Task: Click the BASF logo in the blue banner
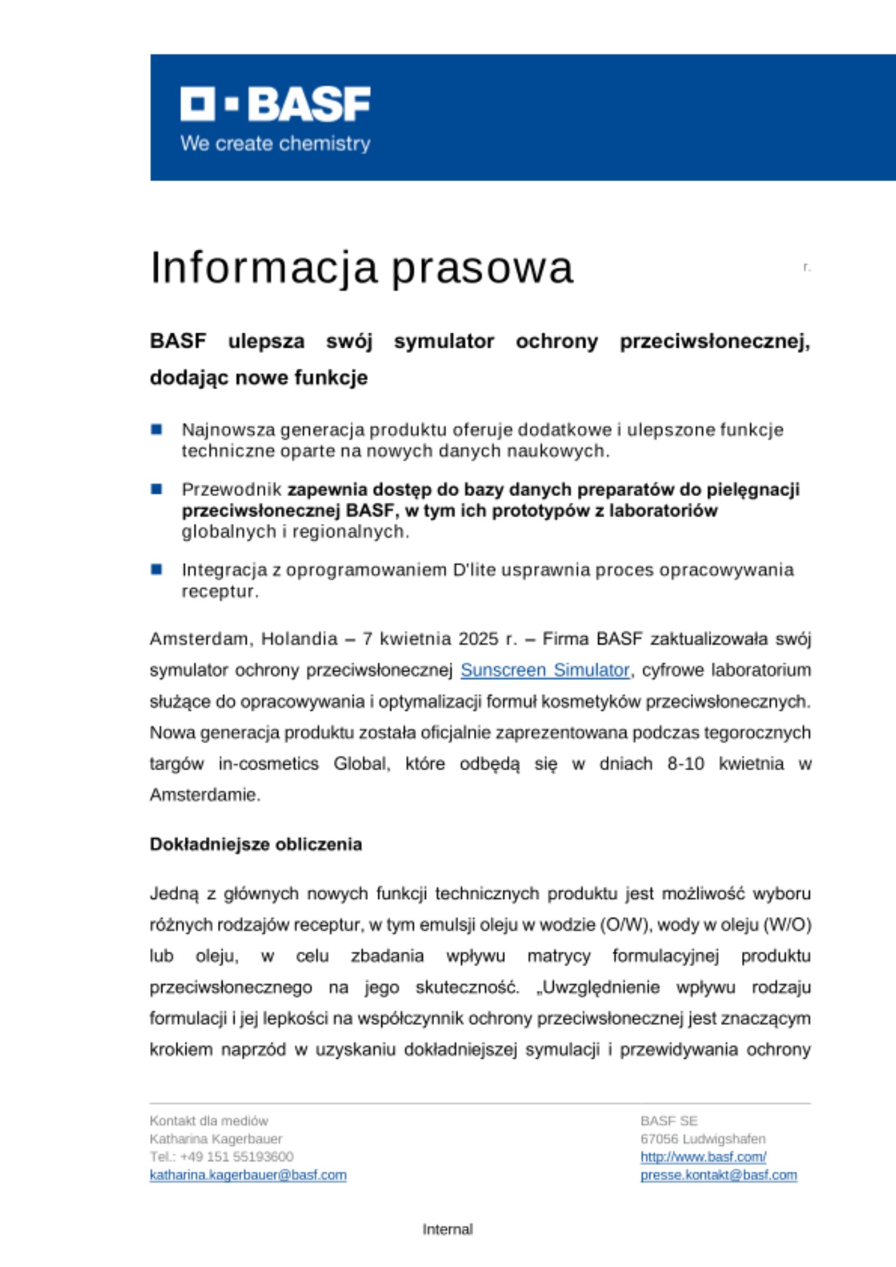tap(275, 105)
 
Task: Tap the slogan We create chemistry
tap(275, 143)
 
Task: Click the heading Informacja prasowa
tap(361, 267)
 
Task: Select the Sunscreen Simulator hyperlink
tap(545, 670)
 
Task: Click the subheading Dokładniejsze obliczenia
tap(255, 844)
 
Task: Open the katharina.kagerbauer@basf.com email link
tap(248, 1175)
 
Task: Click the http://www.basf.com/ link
tap(703, 1157)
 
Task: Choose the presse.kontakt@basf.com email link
tap(719, 1175)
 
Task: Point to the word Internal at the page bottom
tap(447, 1229)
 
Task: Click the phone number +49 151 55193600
tap(236, 1157)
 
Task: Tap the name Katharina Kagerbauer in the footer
tap(215, 1138)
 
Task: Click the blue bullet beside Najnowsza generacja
tap(157, 430)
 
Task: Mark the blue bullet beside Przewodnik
tap(157, 489)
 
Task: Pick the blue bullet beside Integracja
tap(157, 570)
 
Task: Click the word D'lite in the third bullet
tap(474, 570)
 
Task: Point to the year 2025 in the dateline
tap(478, 639)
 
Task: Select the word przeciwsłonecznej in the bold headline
tap(715, 341)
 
